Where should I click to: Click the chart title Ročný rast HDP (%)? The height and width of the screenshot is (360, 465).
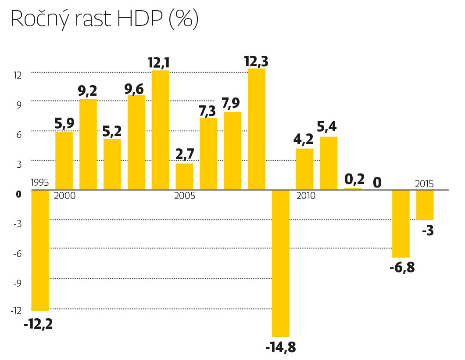click(104, 20)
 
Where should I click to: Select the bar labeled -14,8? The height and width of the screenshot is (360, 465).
click(280, 263)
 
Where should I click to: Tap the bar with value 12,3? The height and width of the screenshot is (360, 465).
click(256, 129)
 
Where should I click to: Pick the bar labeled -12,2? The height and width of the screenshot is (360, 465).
click(40, 250)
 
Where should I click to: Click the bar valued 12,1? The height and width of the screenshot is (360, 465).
click(160, 130)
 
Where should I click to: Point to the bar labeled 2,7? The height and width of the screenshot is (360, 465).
click(184, 176)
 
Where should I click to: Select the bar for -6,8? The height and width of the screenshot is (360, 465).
click(401, 223)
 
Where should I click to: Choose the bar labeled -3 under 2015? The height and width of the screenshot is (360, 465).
click(425, 205)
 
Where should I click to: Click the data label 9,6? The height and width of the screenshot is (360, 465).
click(134, 89)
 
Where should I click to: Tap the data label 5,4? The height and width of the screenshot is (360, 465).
click(327, 127)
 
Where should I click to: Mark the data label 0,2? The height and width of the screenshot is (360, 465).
click(354, 179)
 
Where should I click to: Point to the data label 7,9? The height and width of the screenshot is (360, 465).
click(231, 104)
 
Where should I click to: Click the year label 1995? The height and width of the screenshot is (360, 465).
click(40, 183)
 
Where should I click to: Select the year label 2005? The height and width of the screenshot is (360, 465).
click(185, 196)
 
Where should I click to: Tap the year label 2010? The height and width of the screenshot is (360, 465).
click(306, 196)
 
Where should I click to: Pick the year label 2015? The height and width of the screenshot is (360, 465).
click(424, 184)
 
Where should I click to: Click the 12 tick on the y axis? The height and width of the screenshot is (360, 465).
click(18, 75)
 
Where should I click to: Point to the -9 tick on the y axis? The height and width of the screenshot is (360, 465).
click(17, 283)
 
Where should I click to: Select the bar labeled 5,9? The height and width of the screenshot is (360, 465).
click(64, 161)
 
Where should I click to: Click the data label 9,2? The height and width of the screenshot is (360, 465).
click(87, 91)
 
